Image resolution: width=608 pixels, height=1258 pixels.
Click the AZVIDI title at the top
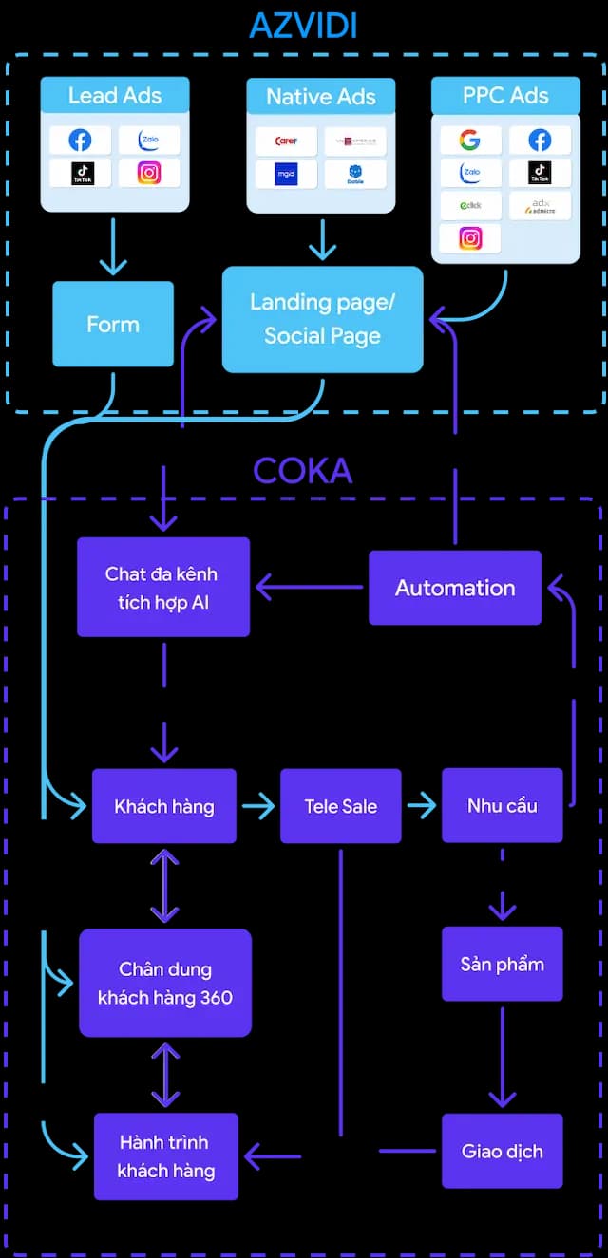(303, 25)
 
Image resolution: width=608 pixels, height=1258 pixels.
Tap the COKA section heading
(302, 471)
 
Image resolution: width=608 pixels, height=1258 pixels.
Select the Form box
(113, 324)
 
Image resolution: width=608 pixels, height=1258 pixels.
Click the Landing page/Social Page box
(322, 319)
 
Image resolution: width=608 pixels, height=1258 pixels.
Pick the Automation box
(455, 588)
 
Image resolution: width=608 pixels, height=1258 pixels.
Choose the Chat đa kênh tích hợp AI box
(162, 587)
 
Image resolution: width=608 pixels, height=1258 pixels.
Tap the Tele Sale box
(340, 806)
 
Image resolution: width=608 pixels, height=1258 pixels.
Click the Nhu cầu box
(502, 806)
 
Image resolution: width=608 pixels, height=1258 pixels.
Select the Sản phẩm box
(502, 964)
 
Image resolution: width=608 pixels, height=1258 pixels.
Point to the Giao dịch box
(502, 1151)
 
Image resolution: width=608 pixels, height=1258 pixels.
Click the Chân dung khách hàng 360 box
(164, 983)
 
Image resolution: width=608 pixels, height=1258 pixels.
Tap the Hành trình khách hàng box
(164, 1155)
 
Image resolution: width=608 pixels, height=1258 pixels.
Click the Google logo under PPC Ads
(469, 141)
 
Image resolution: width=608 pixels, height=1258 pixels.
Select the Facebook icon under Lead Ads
(81, 141)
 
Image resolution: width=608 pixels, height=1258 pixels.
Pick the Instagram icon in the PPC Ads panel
(469, 238)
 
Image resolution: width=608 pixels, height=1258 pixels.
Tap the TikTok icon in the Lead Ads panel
(81, 173)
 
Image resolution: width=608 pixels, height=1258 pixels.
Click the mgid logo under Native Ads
(286, 174)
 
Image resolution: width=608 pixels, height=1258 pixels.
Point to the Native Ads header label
(320, 96)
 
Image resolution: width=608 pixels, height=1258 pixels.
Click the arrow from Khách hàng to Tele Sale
(258, 807)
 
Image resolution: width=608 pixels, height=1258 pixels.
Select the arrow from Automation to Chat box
(310, 588)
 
